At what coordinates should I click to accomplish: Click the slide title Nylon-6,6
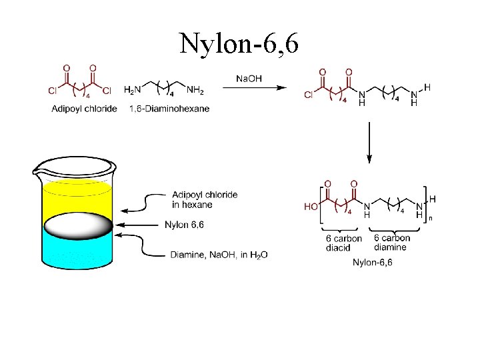[239, 44]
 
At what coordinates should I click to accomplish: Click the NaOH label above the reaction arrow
[249, 79]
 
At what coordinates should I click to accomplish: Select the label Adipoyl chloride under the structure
[85, 109]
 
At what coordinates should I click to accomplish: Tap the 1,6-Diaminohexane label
[169, 109]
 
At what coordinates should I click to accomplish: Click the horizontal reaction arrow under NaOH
[254, 87]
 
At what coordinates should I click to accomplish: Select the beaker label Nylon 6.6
[184, 225]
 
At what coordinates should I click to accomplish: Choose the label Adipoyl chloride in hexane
[204, 199]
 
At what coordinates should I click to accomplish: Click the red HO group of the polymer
[311, 207]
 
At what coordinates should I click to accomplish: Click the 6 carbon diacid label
[344, 243]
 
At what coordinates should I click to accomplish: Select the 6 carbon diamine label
[391, 243]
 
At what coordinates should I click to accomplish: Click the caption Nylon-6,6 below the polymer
[373, 263]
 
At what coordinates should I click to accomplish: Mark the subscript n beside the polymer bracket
[430, 218]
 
